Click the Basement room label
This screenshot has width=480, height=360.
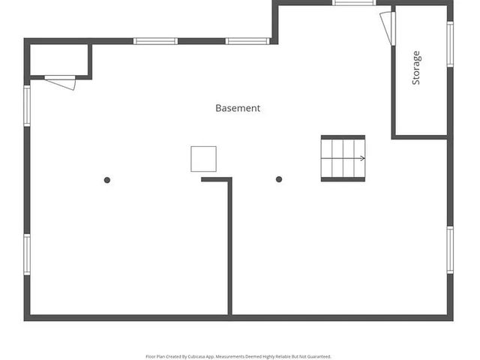tap(238, 108)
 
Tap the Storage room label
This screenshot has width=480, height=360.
tap(416, 67)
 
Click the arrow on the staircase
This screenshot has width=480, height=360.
tap(361, 158)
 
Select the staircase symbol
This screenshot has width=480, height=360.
tap(343, 158)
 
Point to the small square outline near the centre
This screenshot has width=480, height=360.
tap(203, 159)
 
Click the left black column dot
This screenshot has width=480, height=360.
tap(107, 180)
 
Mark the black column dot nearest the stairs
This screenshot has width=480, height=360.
tap(279, 179)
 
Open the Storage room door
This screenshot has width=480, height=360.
tap(387, 28)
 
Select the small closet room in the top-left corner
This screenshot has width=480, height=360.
tap(59, 60)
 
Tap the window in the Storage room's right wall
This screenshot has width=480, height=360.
tap(450, 44)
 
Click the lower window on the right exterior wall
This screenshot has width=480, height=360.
tap(450, 250)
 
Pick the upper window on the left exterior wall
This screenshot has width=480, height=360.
tap(27, 106)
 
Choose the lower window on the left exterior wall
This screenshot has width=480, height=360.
tap(27, 254)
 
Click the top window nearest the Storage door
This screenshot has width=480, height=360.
tap(354, 3)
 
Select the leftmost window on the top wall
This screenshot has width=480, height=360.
tap(155, 40)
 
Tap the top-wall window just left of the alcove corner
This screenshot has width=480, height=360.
tap(247, 40)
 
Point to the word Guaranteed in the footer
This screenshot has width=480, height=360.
tap(318, 357)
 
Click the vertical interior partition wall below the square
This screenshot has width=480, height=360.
tap(230, 247)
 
